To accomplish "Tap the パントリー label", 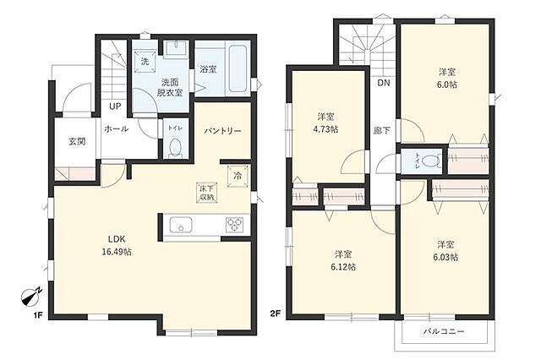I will [223, 132].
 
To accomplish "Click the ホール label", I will [116, 129].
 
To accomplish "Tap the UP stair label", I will [113, 107].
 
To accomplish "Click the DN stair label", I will [383, 84].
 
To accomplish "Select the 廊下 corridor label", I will [382, 130].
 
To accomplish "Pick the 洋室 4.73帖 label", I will [328, 123].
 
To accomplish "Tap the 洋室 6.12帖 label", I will [344, 259].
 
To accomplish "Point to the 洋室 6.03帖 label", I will [447, 250].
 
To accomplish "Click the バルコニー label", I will [445, 332].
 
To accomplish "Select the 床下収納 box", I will [207, 192].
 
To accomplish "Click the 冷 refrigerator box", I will [238, 177].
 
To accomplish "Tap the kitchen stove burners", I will [233, 225].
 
